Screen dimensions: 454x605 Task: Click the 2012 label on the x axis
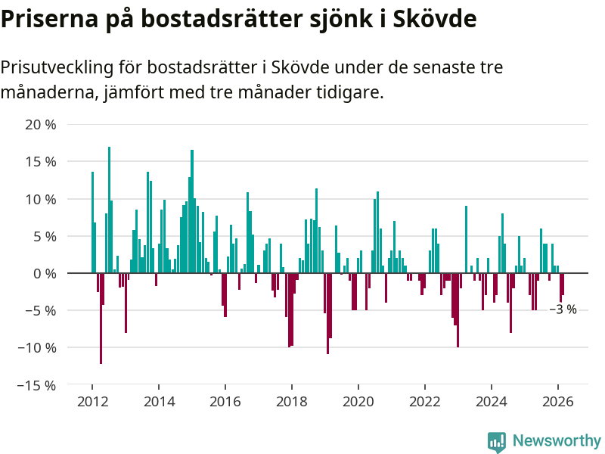(92, 402)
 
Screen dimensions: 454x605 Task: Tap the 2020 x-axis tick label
(358, 402)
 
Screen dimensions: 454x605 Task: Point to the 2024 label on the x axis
(491, 402)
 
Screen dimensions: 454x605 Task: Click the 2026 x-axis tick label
(557, 402)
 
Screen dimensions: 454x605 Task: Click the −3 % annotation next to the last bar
(563, 309)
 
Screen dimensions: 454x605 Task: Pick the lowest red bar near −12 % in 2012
(101, 318)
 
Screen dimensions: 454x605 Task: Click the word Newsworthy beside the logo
(557, 441)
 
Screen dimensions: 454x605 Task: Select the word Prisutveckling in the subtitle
(57, 68)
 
